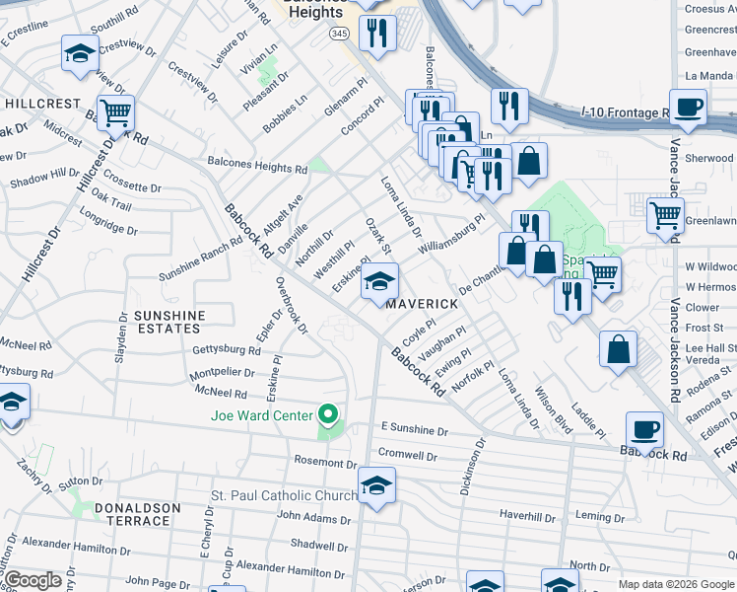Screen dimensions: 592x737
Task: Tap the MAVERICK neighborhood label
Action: pos(422,304)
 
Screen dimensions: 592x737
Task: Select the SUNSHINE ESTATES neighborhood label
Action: pos(169,323)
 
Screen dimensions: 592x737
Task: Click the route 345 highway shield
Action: pos(340,34)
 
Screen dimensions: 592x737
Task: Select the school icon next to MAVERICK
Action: pos(379,281)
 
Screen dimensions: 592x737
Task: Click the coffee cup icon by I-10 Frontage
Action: pos(688,106)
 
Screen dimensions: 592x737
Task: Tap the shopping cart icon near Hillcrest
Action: pos(116,112)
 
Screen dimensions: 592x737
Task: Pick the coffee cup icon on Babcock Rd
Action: pos(644,429)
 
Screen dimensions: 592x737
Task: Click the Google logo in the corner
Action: pos(33,580)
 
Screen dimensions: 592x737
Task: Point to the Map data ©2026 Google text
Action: pos(676,584)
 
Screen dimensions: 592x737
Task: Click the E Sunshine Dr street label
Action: pos(414,431)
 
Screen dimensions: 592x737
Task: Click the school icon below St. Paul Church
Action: pos(376,484)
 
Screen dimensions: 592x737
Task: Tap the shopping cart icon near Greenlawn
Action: pos(666,214)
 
